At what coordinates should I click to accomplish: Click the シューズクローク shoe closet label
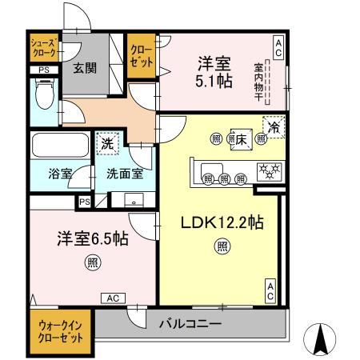click(43, 48)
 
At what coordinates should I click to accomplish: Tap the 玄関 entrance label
click(85, 68)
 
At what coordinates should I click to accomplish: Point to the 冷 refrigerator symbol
click(274, 127)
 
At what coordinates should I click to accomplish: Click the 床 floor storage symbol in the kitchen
click(239, 138)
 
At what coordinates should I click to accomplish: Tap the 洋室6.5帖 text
click(82, 238)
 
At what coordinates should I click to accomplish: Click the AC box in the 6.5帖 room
click(114, 298)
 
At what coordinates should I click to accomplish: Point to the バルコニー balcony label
click(190, 323)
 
